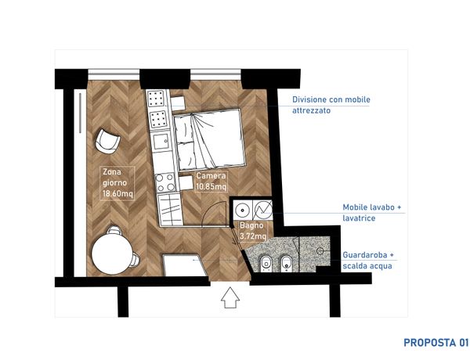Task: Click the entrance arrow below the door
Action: click(x=230, y=297)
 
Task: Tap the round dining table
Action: click(x=112, y=254)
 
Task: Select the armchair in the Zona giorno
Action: click(x=107, y=142)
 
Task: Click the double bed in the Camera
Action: click(x=209, y=139)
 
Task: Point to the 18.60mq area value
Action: click(x=117, y=193)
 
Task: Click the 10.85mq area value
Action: click(x=211, y=186)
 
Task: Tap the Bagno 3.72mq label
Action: click(x=253, y=231)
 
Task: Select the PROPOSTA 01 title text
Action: click(x=436, y=343)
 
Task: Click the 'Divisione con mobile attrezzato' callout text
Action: click(x=331, y=105)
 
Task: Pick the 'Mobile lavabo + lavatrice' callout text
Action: click(x=372, y=212)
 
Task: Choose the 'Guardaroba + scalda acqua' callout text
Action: click(x=368, y=261)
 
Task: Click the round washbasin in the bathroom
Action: click(x=241, y=210)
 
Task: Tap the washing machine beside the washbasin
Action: click(x=263, y=210)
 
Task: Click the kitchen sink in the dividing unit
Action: click(x=161, y=141)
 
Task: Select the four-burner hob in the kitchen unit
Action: click(x=165, y=182)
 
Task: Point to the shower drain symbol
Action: click(x=320, y=250)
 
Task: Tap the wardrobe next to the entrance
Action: click(x=185, y=265)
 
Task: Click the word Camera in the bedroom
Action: click(x=211, y=176)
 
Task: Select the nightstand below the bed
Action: click(x=186, y=183)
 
